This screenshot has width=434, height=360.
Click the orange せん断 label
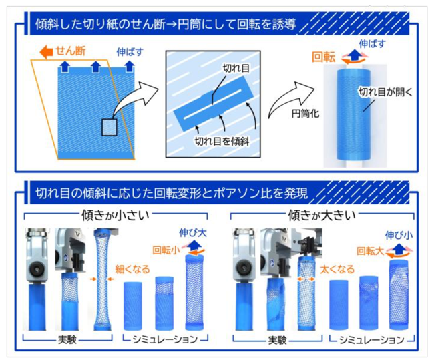[x=71, y=51]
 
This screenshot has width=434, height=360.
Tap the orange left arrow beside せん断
[x=46, y=52]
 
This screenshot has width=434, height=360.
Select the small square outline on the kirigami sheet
[x=110, y=127]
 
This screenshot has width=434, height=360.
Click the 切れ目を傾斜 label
[x=222, y=141]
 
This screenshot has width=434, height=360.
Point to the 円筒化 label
[x=305, y=114]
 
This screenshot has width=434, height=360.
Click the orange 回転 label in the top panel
[x=324, y=57]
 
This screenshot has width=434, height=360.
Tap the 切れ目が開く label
[x=385, y=92]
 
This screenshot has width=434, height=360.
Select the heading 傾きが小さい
[x=116, y=216]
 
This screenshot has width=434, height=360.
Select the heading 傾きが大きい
[x=322, y=216]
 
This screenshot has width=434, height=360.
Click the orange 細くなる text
[x=132, y=269]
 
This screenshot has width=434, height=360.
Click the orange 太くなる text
[x=337, y=269]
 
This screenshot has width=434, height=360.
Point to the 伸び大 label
[x=193, y=233]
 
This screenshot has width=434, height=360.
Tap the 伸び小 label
[x=399, y=236]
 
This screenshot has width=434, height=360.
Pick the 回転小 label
[x=166, y=250]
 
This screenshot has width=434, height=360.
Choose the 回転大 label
[x=370, y=251]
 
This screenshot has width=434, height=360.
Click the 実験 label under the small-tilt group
[x=67, y=339]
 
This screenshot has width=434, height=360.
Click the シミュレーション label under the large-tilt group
[x=371, y=340]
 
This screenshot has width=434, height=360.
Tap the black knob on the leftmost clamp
[x=36, y=268]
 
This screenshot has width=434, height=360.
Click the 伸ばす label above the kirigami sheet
[x=130, y=52]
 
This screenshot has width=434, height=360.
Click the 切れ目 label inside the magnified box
[x=236, y=68]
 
